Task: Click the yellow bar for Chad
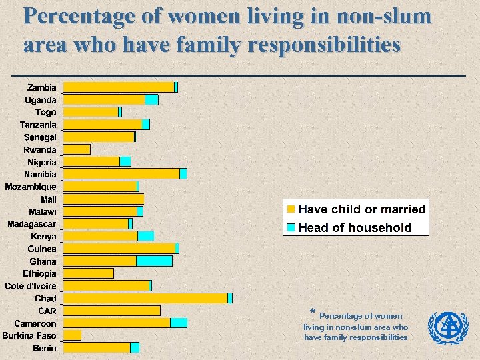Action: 145,298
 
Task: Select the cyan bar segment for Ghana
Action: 154,261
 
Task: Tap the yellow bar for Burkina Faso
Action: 72,335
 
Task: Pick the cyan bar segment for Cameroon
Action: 179,323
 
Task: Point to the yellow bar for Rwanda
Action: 77,149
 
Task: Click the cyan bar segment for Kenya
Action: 145,236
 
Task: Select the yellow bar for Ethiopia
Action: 88,273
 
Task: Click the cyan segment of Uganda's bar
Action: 151,100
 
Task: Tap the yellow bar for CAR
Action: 111,311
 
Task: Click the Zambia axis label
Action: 41,87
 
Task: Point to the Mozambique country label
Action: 31,187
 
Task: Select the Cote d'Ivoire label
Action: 30,286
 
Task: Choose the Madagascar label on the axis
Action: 32,224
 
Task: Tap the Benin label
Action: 45,348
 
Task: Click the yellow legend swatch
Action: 291,209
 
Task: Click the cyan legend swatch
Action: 291,227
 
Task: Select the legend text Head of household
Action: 355,227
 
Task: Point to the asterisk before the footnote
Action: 313,313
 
